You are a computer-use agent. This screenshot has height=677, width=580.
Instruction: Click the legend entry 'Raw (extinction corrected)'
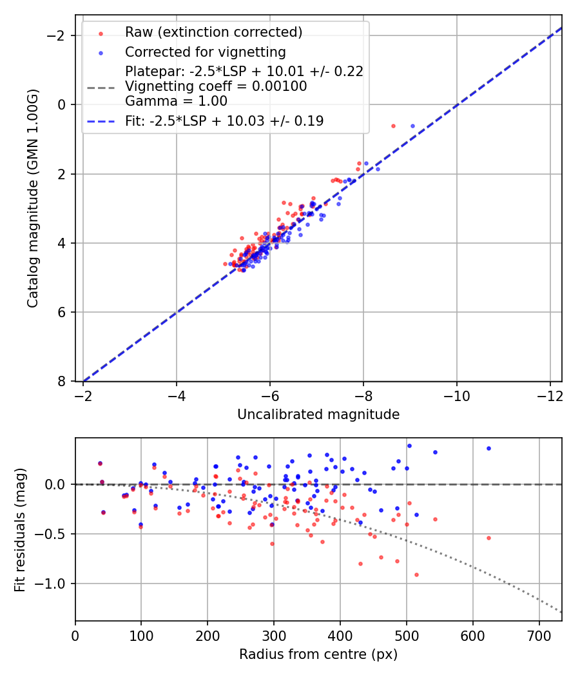pyautogui.click(x=213, y=32)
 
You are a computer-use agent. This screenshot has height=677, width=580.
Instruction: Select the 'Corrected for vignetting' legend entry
pyautogui.click(x=205, y=52)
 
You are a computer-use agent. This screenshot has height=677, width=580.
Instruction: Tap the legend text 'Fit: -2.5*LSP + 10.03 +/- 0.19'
pyautogui.click(x=224, y=121)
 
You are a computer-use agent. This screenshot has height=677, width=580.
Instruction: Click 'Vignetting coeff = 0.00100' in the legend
pyautogui.click(x=216, y=86)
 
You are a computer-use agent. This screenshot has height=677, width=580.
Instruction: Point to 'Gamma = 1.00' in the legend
pyautogui.click(x=176, y=101)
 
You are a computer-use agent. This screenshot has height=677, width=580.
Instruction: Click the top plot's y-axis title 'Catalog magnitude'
pyautogui.click(x=33, y=199)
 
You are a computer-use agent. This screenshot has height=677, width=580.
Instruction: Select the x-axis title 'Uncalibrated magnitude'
pyautogui.click(x=318, y=415)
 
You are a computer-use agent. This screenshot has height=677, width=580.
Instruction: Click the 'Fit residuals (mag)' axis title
pyautogui.click(x=20, y=529)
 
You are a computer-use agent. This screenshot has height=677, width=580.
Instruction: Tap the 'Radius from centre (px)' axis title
pyautogui.click(x=318, y=654)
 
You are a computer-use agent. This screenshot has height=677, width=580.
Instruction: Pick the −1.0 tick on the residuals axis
pyautogui.click(x=55, y=584)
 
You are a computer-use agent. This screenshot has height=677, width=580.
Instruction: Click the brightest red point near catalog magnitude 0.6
pyautogui.click(x=393, y=126)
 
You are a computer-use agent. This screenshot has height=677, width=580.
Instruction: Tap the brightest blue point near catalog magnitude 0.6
pyautogui.click(x=412, y=126)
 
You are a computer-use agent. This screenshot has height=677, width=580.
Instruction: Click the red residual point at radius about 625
pyautogui.click(x=488, y=538)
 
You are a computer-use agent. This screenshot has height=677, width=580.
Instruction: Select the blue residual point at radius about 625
pyautogui.click(x=488, y=448)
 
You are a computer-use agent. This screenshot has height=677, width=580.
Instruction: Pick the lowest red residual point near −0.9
pyautogui.click(x=416, y=574)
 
